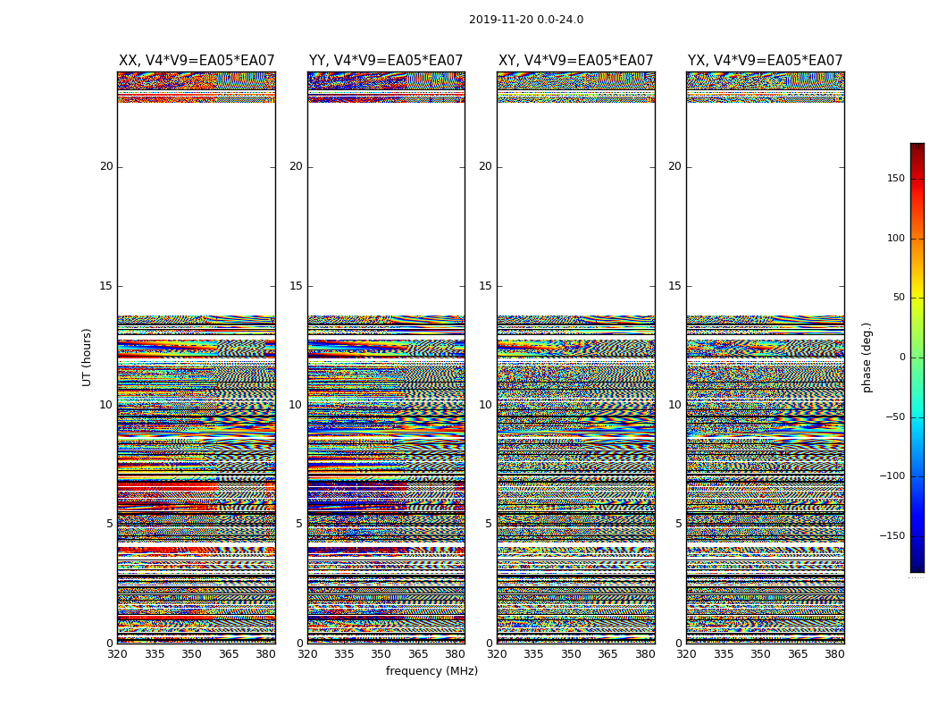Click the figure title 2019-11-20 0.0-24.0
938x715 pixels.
pyautogui.click(x=526, y=20)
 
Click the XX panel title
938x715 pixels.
pyautogui.click(x=197, y=61)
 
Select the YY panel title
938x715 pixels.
pyautogui.click(x=386, y=61)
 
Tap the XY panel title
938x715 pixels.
pyautogui.click(x=576, y=61)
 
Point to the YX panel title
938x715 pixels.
pyautogui.click(x=766, y=61)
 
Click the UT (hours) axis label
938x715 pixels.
pyautogui.click(x=88, y=357)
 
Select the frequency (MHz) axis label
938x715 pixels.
pyautogui.click(x=431, y=671)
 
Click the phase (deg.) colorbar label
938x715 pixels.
pyautogui.click(x=867, y=357)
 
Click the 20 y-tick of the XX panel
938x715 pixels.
pyautogui.click(x=106, y=166)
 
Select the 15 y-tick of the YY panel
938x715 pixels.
pyautogui.click(x=296, y=286)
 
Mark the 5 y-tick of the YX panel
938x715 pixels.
pyautogui.click(x=678, y=524)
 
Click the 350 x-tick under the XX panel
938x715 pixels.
pyautogui.click(x=191, y=654)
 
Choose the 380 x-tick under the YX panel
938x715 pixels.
pyautogui.click(x=834, y=654)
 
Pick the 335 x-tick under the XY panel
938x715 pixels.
pyautogui.click(x=533, y=654)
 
